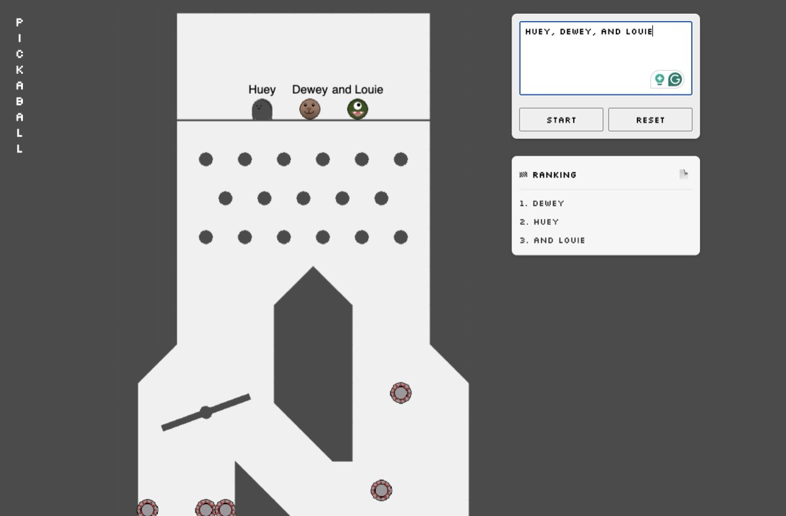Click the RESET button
coord(650,120)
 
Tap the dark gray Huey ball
coord(262,109)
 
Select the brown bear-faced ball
coord(310,109)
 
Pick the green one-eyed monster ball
coord(358,109)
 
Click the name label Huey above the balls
coord(262,90)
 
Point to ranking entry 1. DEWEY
coord(542,204)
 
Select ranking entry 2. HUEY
coord(539,222)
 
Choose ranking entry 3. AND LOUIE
coord(552,240)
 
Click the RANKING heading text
coord(554,175)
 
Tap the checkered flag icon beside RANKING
coord(523,175)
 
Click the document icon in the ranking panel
coord(684,174)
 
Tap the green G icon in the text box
coord(675,80)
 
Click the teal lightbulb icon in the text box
coord(660,80)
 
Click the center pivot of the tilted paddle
coord(206,412)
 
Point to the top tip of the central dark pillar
coord(313,267)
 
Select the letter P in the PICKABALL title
coord(20,22)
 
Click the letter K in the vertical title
coord(20,70)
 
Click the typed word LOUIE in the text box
coord(639,31)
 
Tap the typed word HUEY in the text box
coord(538,31)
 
